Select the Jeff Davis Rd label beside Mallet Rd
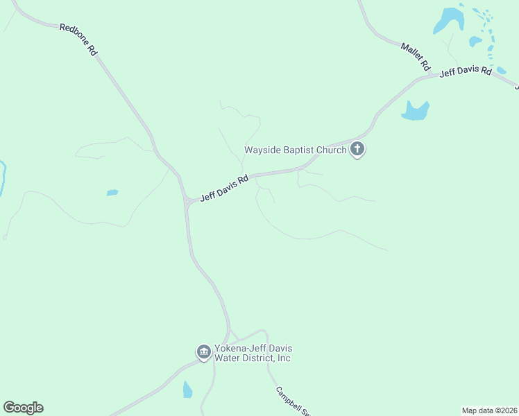(466, 71)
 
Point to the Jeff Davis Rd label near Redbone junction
(224, 188)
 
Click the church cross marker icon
(357, 148)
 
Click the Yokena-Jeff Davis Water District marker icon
(204, 352)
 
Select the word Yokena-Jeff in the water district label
(239, 349)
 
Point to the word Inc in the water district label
(282, 358)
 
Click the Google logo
(23, 408)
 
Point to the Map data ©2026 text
(489, 410)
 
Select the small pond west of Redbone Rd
(112, 193)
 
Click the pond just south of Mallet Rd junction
(416, 111)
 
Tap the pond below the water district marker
(187, 390)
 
